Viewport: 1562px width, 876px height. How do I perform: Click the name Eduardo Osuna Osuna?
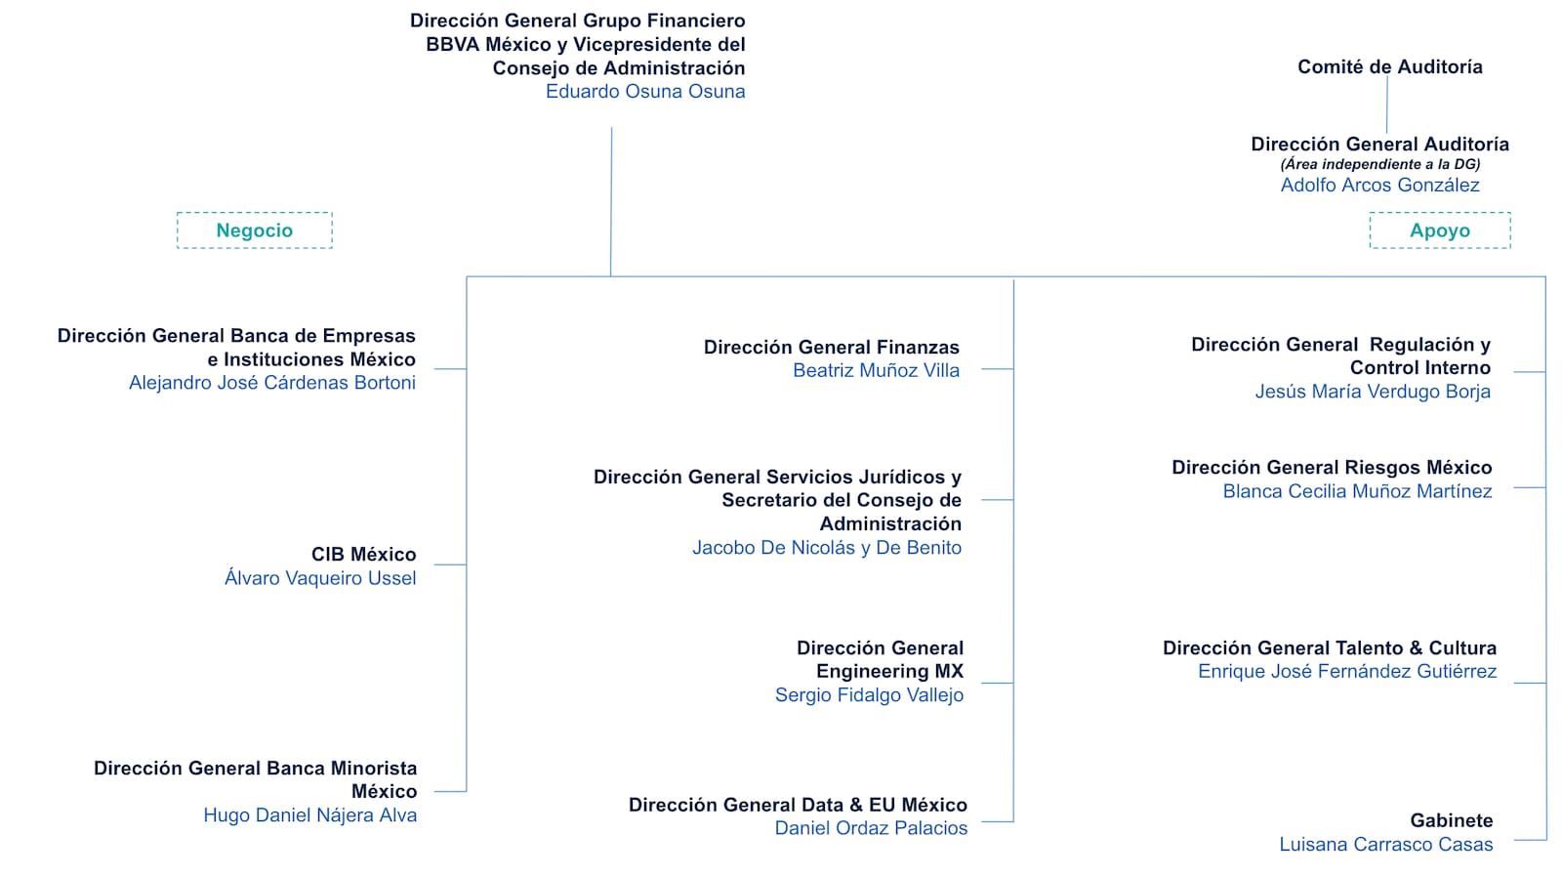645,92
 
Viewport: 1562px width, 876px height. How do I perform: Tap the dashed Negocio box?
255,230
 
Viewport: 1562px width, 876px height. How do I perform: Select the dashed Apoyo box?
1440,230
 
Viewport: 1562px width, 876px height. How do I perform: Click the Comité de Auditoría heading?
1389,66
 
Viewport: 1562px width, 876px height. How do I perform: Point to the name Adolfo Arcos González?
1379,186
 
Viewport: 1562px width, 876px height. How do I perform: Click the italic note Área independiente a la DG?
1379,164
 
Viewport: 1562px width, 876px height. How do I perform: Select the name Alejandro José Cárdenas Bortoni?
272,383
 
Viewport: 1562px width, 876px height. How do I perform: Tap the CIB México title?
363,555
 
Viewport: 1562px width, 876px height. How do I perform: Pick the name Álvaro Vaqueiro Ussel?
320,578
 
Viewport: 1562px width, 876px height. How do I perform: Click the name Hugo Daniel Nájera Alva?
309,815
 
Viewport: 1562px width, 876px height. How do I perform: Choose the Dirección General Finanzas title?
831,347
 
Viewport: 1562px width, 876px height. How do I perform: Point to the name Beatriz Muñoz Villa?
876,371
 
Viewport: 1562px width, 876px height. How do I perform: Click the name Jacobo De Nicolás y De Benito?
827,548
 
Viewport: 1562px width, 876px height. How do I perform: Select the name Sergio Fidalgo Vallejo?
869,695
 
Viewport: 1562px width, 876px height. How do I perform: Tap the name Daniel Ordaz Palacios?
871,828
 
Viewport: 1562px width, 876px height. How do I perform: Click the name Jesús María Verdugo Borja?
1373,392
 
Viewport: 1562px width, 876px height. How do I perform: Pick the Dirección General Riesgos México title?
1332,468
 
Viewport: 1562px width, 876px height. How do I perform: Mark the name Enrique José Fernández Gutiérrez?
1347,672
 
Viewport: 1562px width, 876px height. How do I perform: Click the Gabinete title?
1451,820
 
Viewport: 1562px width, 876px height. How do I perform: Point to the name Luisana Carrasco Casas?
1386,845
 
